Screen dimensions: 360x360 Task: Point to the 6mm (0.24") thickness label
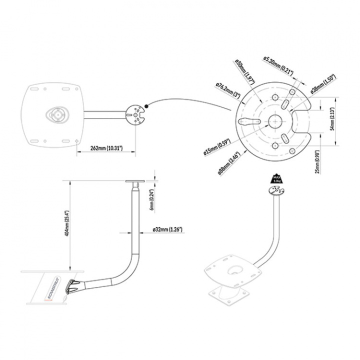pyautogui.click(x=152, y=198)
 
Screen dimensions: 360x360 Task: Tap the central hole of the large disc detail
pyautogui.click(x=274, y=121)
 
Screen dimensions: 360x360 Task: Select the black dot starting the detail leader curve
pyautogui.click(x=146, y=105)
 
